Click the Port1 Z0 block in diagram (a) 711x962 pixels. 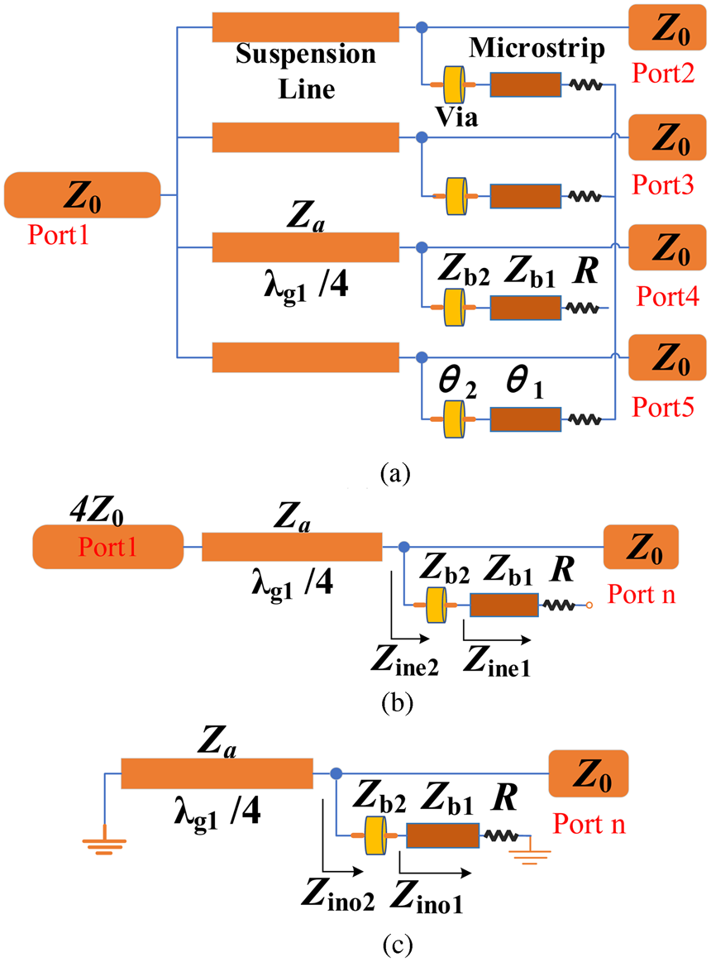click(82, 194)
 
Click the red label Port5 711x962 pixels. click(661, 406)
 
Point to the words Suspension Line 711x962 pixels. click(306, 71)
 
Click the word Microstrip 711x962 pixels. click(537, 48)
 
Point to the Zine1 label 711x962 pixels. click(497, 658)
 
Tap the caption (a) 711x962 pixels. click(394, 473)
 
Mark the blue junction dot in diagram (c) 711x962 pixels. click(336, 774)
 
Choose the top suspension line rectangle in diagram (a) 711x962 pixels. click(306, 27)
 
